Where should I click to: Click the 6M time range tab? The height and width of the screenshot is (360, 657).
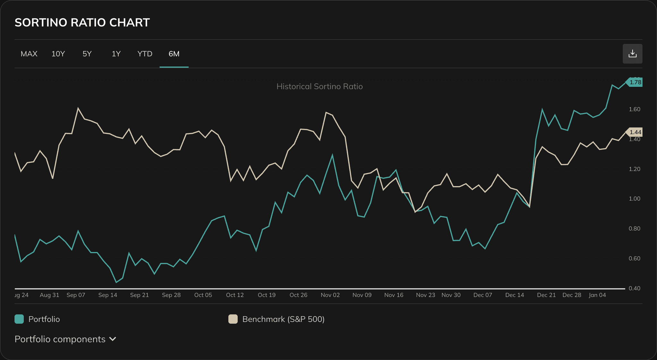point(174,54)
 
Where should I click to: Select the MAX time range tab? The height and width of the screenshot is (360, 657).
point(29,54)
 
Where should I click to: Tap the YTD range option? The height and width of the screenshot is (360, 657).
point(145,54)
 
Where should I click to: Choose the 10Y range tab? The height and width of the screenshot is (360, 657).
point(58,54)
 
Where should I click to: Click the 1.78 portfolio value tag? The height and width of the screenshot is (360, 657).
point(635,82)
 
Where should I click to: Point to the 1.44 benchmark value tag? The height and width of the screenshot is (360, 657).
point(635,132)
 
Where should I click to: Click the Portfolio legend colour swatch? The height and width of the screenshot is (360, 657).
point(19,319)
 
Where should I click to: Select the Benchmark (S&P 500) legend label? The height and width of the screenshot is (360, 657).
point(283,319)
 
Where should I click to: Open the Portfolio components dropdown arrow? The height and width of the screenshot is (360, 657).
point(113,339)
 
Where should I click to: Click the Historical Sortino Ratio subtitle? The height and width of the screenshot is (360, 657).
point(320,87)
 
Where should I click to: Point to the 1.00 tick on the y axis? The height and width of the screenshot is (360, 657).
point(634,199)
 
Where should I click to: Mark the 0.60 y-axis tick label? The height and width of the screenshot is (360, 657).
point(634,258)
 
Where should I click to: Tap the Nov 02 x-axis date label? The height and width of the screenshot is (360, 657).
point(330,295)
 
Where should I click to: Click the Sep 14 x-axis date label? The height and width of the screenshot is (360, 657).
point(107,295)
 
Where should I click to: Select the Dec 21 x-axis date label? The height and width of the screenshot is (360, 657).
point(546,295)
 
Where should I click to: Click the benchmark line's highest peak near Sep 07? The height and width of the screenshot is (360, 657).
point(78,108)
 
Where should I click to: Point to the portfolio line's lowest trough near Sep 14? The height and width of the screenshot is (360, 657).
point(116,282)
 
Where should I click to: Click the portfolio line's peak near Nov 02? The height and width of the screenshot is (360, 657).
point(332,155)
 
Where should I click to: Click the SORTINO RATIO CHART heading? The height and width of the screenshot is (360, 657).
point(82,22)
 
